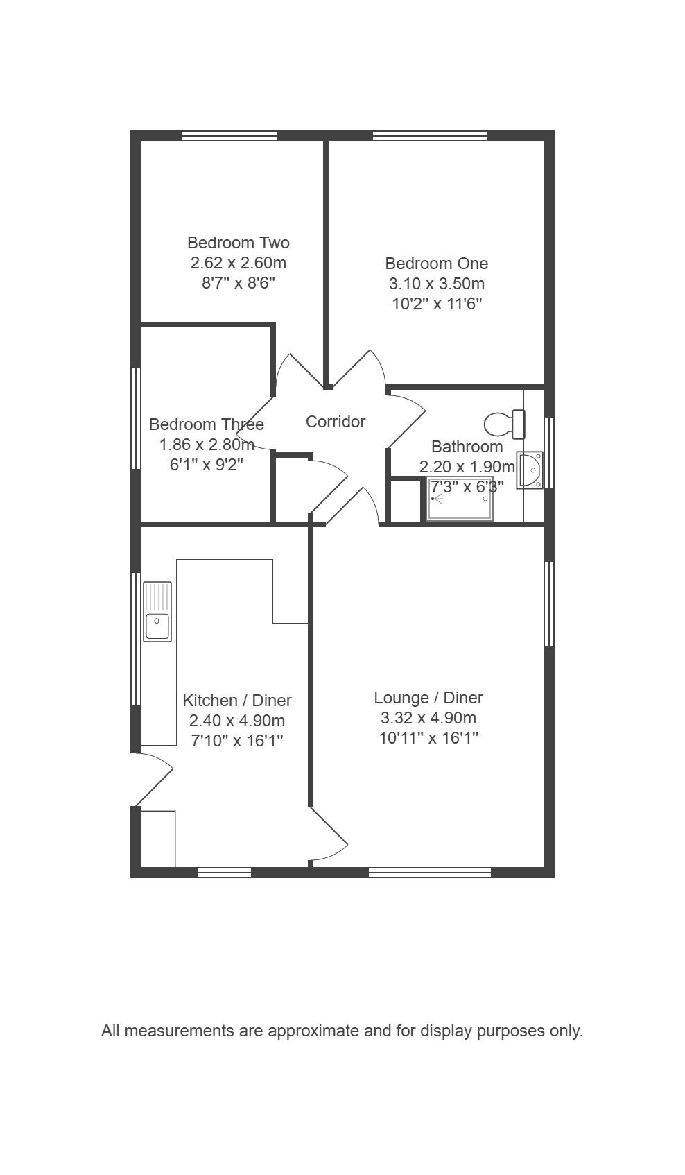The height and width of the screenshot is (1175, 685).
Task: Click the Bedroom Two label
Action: coord(238,243)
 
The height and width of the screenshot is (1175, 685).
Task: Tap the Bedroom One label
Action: coord(436,264)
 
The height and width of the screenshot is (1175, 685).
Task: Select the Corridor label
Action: coord(335,422)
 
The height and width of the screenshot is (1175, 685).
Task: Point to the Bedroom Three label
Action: coord(207,424)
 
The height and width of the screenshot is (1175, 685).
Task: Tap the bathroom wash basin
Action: coord(530,470)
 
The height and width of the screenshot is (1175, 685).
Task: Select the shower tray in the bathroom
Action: coord(460,499)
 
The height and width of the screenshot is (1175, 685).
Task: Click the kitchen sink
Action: coord(157,612)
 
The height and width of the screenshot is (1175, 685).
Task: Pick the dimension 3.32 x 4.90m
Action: coord(428,718)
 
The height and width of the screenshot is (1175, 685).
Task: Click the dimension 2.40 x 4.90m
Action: coord(237,721)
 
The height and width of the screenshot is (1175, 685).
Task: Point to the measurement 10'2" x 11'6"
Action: coord(437,304)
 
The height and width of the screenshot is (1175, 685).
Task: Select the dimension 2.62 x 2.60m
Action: coord(238,262)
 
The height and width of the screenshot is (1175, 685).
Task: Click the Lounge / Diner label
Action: coord(428,698)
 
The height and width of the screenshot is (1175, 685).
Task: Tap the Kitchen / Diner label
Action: coord(237,701)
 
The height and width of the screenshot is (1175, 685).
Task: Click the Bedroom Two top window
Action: coord(229,136)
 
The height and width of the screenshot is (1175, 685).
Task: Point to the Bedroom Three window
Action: coord(136,418)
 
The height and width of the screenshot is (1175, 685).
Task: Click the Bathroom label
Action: coord(467,447)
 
